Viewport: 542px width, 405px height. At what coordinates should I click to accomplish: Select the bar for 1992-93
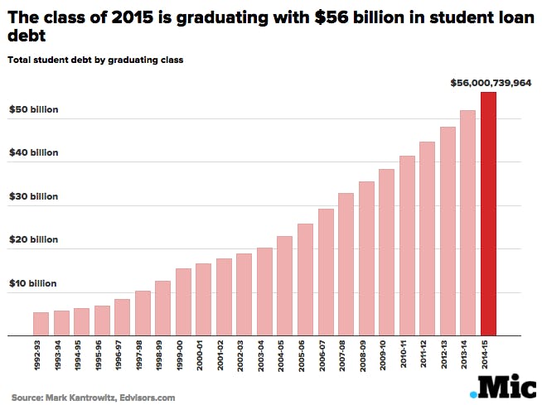[x=41, y=324]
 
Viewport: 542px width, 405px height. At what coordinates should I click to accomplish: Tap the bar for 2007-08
[x=346, y=264]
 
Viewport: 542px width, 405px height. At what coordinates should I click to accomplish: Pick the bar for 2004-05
[x=284, y=286]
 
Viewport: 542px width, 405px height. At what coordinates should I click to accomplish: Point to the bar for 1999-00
[x=183, y=301]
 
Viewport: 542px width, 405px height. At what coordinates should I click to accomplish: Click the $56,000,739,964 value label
[x=490, y=83]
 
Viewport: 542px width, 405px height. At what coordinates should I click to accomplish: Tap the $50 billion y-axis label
[x=33, y=109]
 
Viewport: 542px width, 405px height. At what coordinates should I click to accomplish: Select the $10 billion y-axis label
[x=33, y=283]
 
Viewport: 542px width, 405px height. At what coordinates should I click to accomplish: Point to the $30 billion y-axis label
[x=33, y=196]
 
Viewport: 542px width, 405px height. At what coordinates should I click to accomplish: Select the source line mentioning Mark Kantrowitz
[x=93, y=398]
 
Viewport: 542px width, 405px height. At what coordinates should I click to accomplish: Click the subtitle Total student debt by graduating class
[x=94, y=60]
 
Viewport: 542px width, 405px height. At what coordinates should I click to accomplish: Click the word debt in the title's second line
[x=26, y=36]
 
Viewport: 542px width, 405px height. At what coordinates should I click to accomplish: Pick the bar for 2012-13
[x=448, y=231]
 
